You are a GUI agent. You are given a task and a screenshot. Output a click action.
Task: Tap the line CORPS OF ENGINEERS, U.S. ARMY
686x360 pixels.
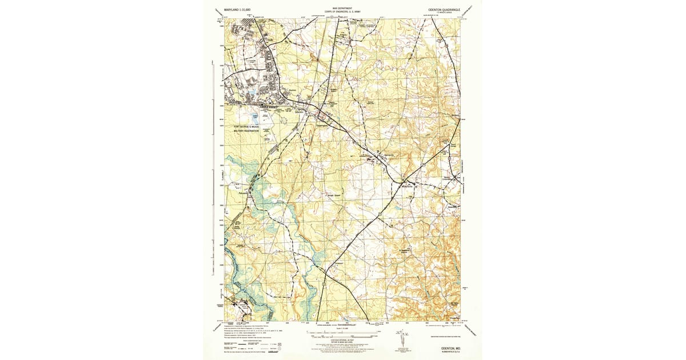pyautogui.click(x=343, y=12)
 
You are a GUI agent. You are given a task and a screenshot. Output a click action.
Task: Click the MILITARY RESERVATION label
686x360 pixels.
pyautogui.click(x=245, y=131)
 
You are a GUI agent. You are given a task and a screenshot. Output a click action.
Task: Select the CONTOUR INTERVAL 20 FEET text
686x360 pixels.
pyautogui.click(x=343, y=338)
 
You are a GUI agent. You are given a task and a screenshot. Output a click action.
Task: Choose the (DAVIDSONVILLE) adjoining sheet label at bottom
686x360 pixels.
pyautogui.click(x=344, y=325)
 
